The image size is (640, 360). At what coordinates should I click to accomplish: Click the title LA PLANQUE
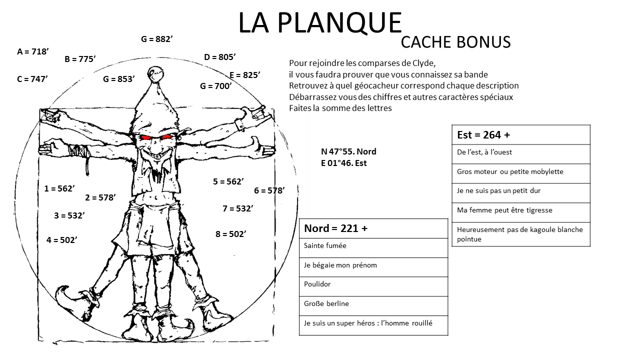(x=319, y=23)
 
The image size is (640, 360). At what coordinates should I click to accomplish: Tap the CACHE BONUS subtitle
(x=455, y=42)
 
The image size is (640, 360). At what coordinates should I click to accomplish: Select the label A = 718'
(x=32, y=51)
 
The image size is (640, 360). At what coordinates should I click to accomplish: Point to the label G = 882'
(x=156, y=39)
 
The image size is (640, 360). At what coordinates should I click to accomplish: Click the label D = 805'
(x=219, y=57)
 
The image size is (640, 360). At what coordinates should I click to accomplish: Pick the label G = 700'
(x=215, y=86)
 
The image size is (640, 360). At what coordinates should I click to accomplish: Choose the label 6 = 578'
(x=269, y=190)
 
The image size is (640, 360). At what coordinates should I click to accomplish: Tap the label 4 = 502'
(x=61, y=240)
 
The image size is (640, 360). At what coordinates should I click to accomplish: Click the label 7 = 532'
(x=237, y=208)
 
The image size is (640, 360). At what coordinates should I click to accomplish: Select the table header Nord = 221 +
(x=335, y=228)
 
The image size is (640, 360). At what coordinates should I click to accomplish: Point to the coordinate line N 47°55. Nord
(x=348, y=151)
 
